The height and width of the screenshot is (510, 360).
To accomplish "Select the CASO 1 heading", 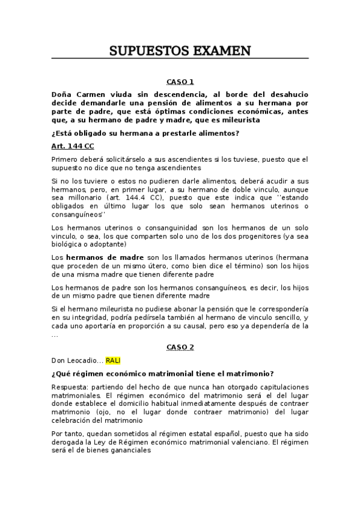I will pyautogui.click(x=180, y=82).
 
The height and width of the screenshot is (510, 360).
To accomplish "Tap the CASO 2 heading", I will pyautogui.click(x=180, y=348).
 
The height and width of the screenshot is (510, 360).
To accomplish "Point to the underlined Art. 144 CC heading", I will pyautogui.click(x=72, y=146).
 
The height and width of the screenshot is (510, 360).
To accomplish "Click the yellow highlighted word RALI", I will pyautogui.click(x=114, y=360).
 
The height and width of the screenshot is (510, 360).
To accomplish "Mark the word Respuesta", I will pyautogui.click(x=70, y=386).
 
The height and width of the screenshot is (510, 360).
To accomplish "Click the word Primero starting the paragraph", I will pyautogui.click(x=66, y=159).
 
